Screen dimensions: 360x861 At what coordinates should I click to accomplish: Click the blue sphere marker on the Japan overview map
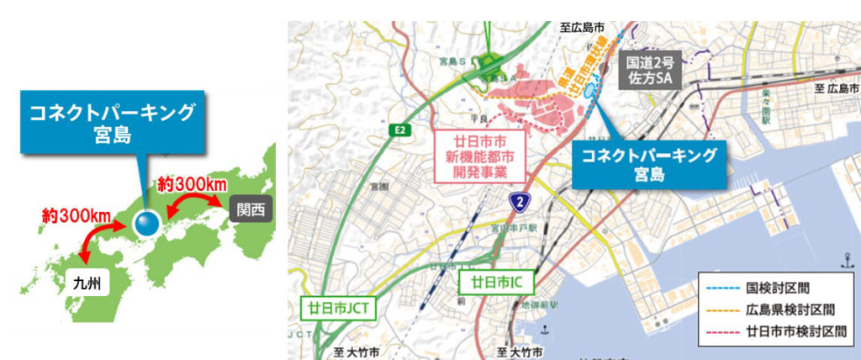pyautogui.click(x=147, y=224)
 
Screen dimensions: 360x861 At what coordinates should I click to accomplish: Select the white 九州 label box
pyautogui.click(x=86, y=283)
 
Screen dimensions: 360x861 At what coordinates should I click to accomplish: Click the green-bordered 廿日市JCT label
pyautogui.click(x=336, y=308)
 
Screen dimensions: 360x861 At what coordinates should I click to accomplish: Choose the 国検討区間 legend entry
pyautogui.click(x=777, y=288)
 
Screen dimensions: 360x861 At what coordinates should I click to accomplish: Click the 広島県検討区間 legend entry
pyautogui.click(x=777, y=309)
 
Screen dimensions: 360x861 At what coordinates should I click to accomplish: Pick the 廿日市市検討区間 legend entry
pyautogui.click(x=777, y=331)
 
